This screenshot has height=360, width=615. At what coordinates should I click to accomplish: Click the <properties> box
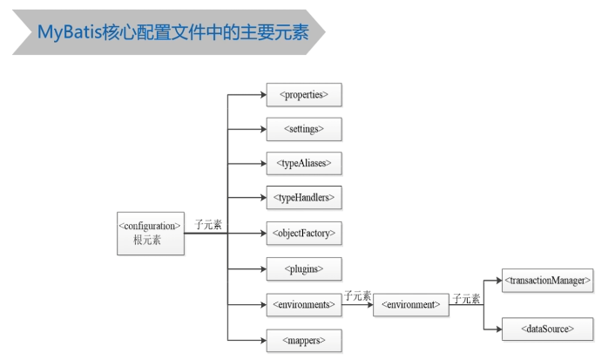pos(303,93)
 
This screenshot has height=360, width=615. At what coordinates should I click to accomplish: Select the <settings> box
pos(303,128)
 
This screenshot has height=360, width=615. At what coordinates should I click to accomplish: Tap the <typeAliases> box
pos(303,163)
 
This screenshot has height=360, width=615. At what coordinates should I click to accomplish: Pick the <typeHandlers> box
pos(303,199)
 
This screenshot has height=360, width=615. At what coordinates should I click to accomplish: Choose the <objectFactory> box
pos(303,234)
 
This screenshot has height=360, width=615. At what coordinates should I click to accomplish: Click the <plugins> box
pos(303,269)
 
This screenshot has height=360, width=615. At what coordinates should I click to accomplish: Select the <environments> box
pos(303,305)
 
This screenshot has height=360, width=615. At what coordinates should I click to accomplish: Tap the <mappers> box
pos(303,340)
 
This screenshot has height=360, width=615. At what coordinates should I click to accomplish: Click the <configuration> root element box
pos(151,232)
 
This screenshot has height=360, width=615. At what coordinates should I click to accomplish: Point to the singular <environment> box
pos(410,305)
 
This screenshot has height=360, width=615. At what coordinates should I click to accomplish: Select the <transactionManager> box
pos(548,281)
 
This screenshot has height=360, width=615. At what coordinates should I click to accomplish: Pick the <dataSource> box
pos(548,329)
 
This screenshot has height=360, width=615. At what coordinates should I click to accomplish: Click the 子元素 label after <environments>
pos(357,296)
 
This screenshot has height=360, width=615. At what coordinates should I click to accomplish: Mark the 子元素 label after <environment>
pos(466,298)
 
